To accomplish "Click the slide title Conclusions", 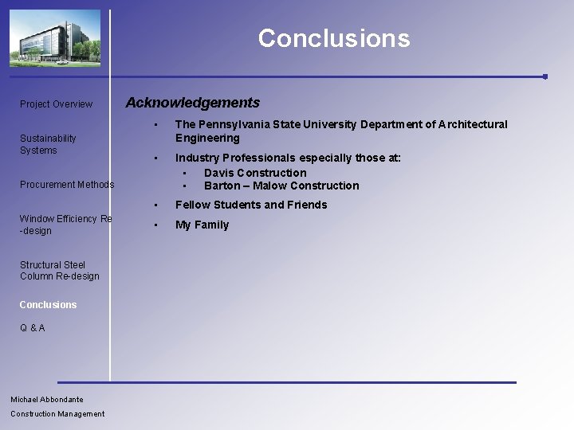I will point(333,38).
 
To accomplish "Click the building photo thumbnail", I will point(55,37).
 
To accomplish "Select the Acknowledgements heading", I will point(193,103).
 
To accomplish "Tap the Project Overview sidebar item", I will point(56,104).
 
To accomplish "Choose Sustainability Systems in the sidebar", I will point(48,144).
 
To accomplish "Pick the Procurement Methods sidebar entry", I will point(67,185).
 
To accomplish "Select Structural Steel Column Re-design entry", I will point(60,271).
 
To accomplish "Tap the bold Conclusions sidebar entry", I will point(49,305).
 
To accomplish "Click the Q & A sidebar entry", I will point(33,328).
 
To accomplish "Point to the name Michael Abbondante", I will point(47,400).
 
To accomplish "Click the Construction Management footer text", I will point(57,414).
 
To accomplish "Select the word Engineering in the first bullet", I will point(207,138).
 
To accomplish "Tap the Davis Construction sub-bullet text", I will point(255,173).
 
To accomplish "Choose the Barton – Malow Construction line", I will point(281,186).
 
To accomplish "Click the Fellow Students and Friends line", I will point(251,205).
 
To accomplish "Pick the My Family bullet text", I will point(202,225).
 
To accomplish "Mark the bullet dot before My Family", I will point(157,225).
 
